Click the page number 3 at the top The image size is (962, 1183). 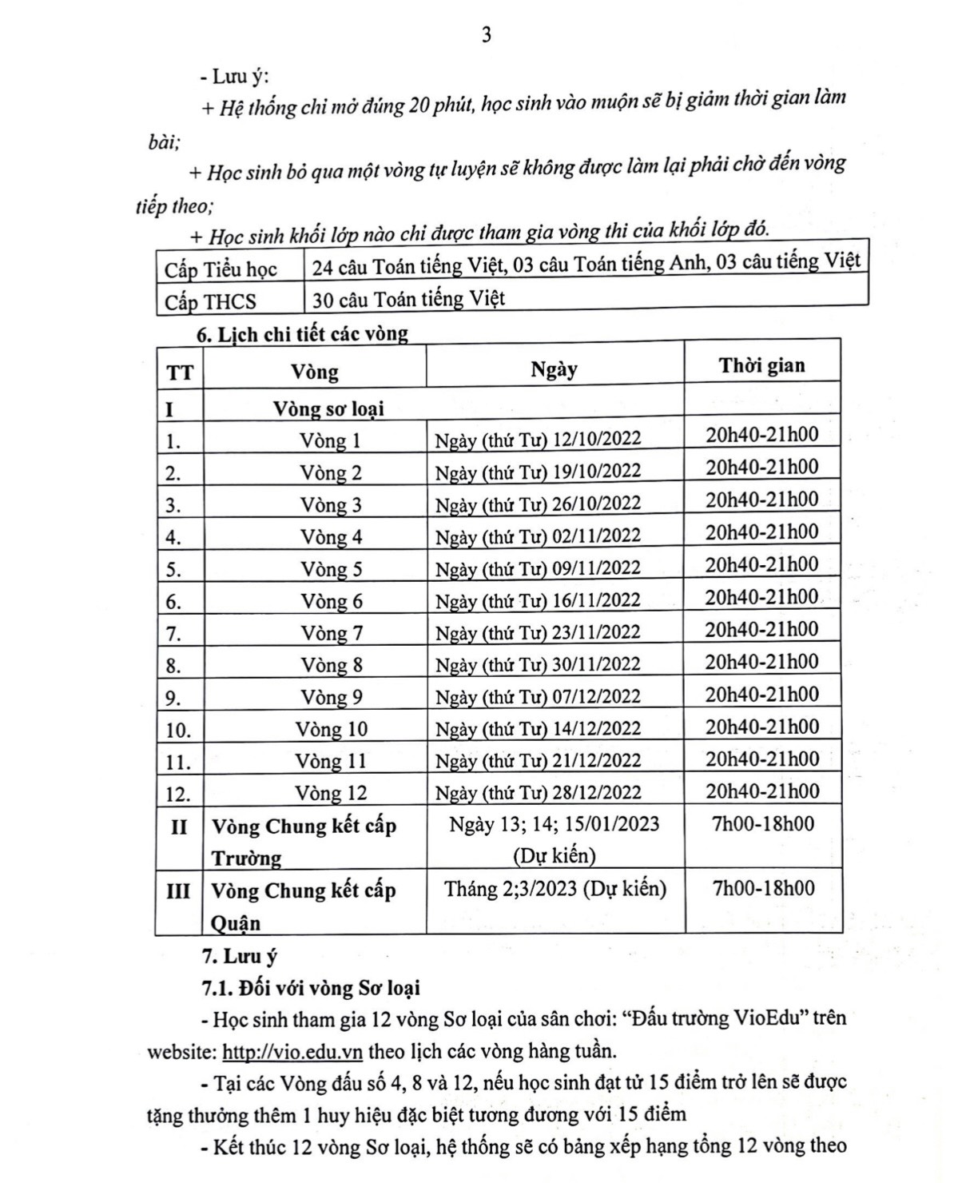pyautogui.click(x=486, y=35)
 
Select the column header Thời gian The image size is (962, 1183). pyautogui.click(x=761, y=366)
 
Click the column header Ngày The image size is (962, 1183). pyautogui.click(x=554, y=369)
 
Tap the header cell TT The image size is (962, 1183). pyautogui.click(x=180, y=372)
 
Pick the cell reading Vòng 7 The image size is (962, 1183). pyautogui.click(x=332, y=633)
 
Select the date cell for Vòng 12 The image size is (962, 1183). pyautogui.click(x=538, y=792)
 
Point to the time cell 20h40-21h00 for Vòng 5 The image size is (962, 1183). pyautogui.click(x=761, y=564)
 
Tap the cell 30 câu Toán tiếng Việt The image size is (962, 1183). pyautogui.click(x=408, y=300)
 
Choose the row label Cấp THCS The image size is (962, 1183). pyautogui.click(x=211, y=302)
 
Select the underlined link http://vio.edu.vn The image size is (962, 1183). pyautogui.click(x=292, y=1051)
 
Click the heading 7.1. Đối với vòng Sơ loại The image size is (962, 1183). pyautogui.click(x=312, y=988)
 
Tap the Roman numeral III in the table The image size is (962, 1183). pyautogui.click(x=178, y=890)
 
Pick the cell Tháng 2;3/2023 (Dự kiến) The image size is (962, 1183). pyautogui.click(x=555, y=888)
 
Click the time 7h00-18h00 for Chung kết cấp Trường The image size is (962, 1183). pyautogui.click(x=763, y=823)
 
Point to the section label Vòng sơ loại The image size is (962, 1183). pyautogui.click(x=328, y=408)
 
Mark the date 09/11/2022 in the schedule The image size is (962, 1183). pyautogui.click(x=597, y=568)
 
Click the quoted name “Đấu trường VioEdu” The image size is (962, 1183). pyautogui.click(x=721, y=1018)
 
